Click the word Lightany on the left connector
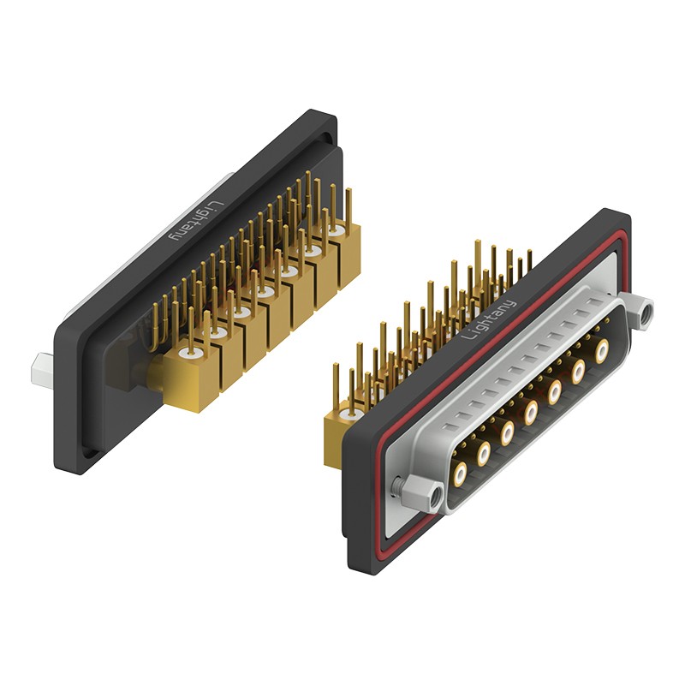click(196, 222)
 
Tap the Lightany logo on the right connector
click(488, 319)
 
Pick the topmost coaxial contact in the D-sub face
click(602, 349)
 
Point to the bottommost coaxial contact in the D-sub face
click(461, 474)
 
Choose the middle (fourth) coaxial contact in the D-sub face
click(531, 411)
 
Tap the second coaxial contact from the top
click(579, 371)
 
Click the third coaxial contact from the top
click(555, 391)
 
